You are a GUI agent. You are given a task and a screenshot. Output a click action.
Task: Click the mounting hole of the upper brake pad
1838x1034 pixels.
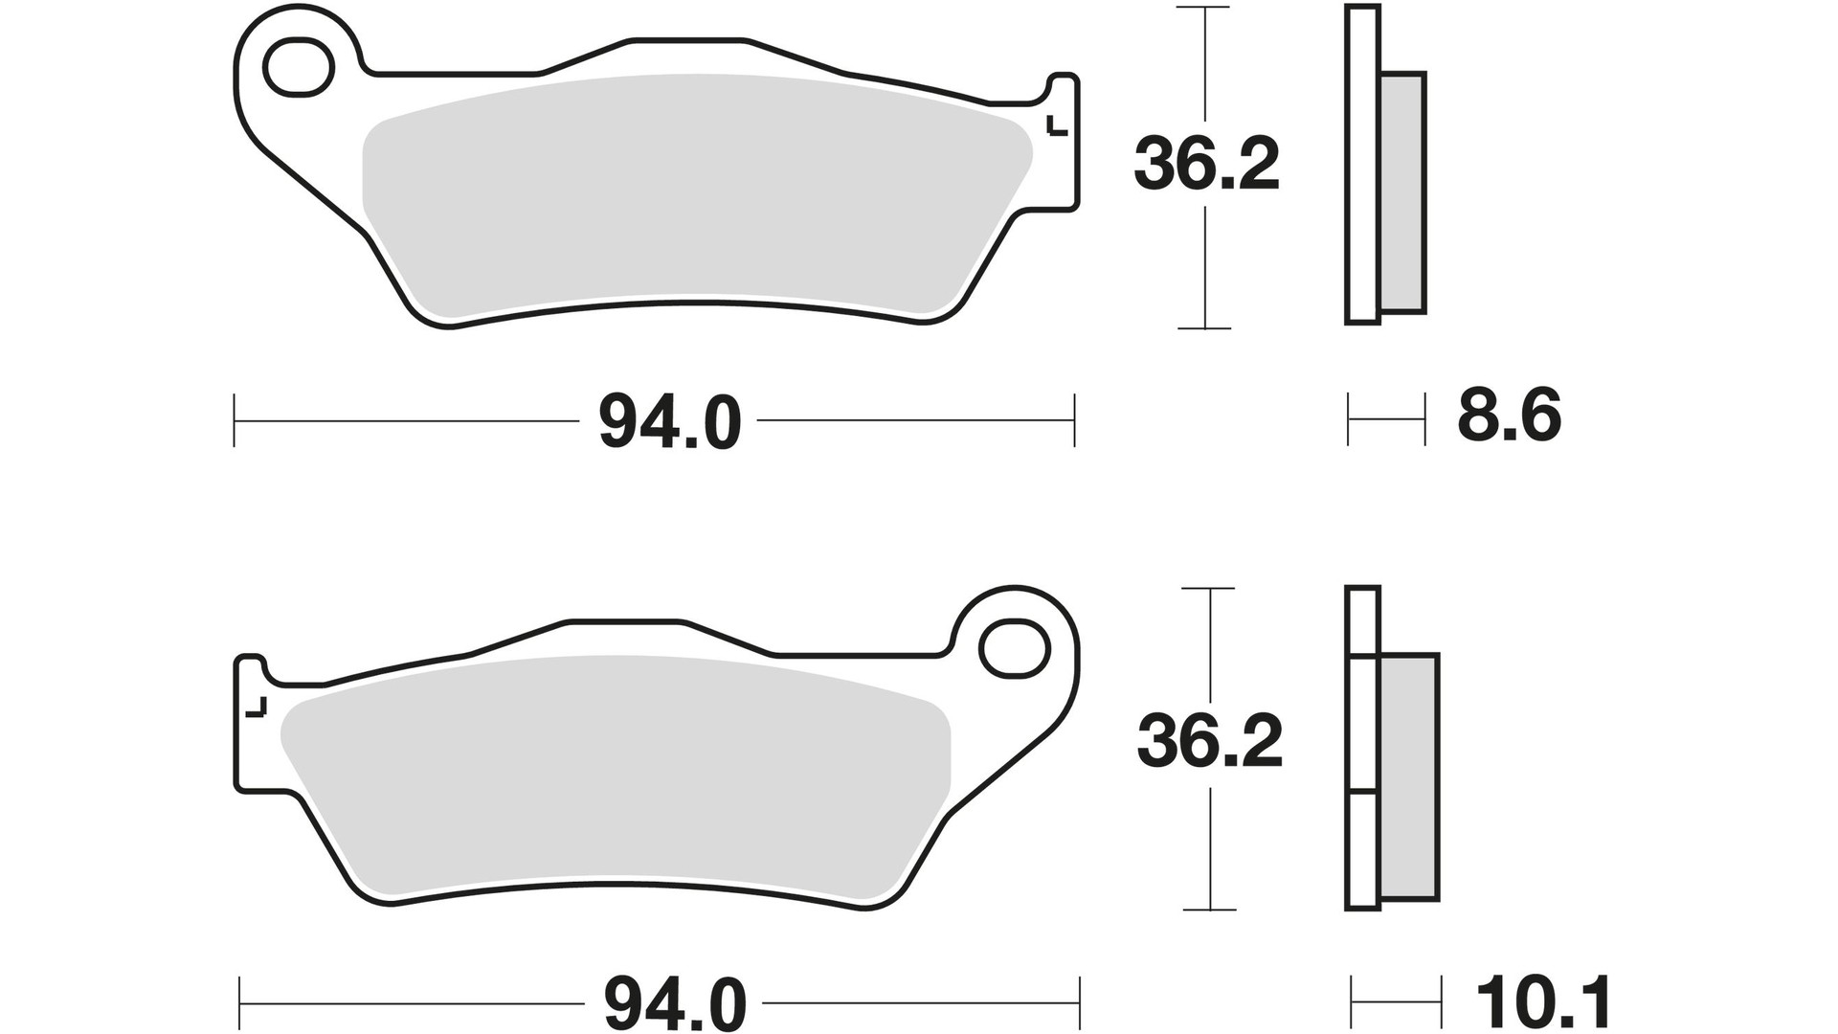click(x=299, y=66)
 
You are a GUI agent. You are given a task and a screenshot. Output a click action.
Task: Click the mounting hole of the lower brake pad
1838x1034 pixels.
click(x=1016, y=648)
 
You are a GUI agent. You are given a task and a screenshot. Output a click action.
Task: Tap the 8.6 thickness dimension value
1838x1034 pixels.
click(x=1509, y=416)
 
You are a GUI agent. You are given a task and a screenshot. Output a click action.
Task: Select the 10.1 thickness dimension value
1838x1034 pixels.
click(x=1543, y=1002)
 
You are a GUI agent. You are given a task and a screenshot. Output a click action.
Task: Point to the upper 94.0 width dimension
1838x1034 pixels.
click(x=670, y=422)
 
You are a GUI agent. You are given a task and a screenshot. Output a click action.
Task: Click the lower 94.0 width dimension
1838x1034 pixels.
click(x=674, y=1004)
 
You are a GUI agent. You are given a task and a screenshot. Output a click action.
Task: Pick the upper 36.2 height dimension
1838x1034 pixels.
click(x=1206, y=165)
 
